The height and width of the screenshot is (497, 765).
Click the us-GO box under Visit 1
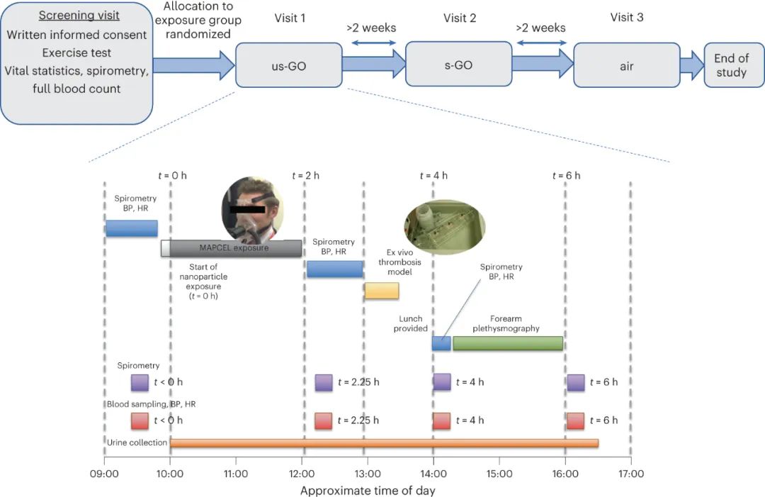[289, 65]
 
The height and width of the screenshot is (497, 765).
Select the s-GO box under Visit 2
[458, 65]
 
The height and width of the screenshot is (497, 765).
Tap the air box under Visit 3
[626, 65]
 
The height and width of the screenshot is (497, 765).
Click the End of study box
[735, 65]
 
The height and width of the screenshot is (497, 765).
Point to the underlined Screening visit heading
[79, 16]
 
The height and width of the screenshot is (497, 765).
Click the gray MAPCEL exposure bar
[236, 248]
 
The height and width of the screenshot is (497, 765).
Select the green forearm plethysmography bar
[508, 343]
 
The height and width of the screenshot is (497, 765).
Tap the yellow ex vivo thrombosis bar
[382, 290]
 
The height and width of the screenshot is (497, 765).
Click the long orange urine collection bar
[384, 443]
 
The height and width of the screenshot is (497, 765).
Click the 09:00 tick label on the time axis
[104, 474]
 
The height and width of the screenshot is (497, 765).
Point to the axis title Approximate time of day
[367, 490]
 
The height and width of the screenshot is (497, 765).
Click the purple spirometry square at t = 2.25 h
[324, 382]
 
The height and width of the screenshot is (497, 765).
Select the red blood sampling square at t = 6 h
[575, 421]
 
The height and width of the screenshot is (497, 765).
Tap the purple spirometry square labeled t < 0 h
[140, 382]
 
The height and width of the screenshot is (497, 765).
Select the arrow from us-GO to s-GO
[374, 65]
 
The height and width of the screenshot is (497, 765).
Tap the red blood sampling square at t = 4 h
[441, 421]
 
